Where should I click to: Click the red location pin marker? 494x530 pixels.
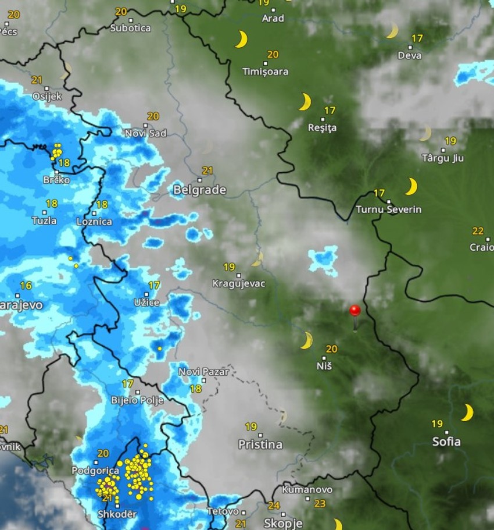click(x=355, y=311)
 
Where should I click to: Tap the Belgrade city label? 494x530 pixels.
click(x=199, y=190)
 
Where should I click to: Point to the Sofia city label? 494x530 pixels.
click(x=446, y=442)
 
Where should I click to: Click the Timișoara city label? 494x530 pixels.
click(x=266, y=72)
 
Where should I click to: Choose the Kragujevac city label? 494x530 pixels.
click(x=239, y=283)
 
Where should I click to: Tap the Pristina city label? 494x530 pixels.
click(x=260, y=444)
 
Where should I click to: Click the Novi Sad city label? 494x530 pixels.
click(x=146, y=133)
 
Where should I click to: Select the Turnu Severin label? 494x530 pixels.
click(x=388, y=209)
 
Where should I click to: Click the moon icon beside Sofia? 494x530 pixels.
click(x=467, y=412)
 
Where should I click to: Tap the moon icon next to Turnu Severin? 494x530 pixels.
click(x=411, y=187)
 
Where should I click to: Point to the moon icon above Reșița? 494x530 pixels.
click(x=305, y=102)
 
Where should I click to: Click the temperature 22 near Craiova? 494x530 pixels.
click(x=478, y=231)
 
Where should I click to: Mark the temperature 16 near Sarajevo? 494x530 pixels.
click(x=26, y=286)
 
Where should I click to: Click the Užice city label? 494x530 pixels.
click(x=146, y=303)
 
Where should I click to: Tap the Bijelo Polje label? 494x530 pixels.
click(x=137, y=400)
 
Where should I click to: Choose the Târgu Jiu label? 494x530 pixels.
click(x=443, y=158)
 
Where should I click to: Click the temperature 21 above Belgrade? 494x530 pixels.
click(x=207, y=170)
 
